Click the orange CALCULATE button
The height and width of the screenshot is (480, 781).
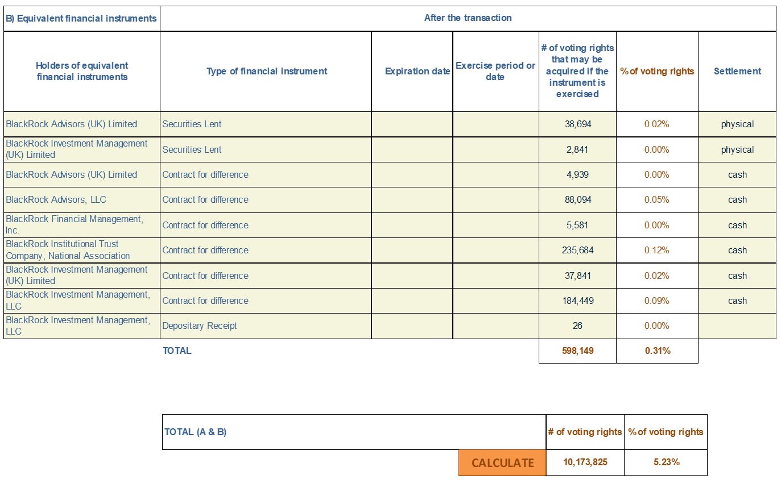(502, 462)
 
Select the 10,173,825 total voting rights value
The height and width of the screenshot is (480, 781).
(585, 462)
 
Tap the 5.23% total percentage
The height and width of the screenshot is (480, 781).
(666, 462)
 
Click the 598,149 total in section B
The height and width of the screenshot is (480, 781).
(578, 350)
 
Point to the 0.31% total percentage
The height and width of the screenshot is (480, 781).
(657, 350)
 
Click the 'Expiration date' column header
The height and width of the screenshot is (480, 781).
(418, 72)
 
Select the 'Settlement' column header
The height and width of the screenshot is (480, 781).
(737, 72)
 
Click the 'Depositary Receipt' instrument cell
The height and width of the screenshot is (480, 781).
(200, 326)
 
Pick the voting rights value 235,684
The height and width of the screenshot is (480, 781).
(578, 251)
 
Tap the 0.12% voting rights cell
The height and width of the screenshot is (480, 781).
(656, 251)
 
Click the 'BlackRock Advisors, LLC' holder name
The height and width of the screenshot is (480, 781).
(56, 200)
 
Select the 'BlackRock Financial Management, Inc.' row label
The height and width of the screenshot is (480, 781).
(75, 224)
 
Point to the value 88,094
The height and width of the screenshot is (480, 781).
(578, 200)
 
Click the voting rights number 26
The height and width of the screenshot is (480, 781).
(577, 326)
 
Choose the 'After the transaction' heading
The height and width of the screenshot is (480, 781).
(468, 18)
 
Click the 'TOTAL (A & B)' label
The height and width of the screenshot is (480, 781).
(195, 432)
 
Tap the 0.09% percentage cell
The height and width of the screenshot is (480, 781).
(656, 300)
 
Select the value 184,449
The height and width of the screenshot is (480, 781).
(578, 300)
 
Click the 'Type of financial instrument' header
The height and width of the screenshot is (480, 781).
(267, 72)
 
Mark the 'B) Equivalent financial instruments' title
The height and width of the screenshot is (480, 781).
(81, 18)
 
